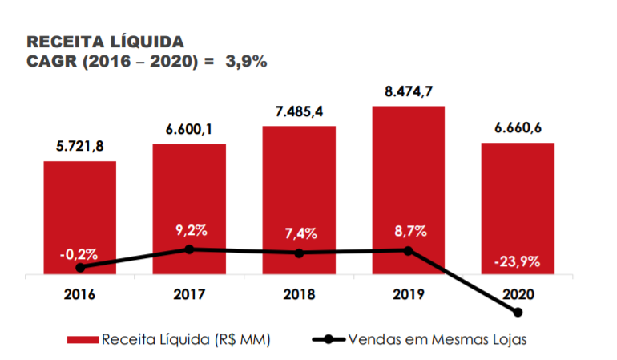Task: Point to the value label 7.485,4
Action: point(298,111)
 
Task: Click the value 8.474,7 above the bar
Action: point(408,91)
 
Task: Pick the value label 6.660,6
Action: point(517,128)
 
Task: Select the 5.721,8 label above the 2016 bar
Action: point(79,147)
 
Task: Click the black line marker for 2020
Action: point(518,312)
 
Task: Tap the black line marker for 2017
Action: point(189,249)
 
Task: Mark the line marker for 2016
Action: point(79,267)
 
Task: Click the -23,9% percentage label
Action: point(518,261)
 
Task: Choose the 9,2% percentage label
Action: point(191,230)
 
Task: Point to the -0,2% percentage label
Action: point(79,254)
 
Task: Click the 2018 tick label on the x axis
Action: point(298,294)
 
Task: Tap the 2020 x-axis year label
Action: point(518,294)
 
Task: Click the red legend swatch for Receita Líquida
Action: point(83,339)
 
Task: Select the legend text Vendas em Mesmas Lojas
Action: point(438,339)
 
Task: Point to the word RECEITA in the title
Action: point(62,42)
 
